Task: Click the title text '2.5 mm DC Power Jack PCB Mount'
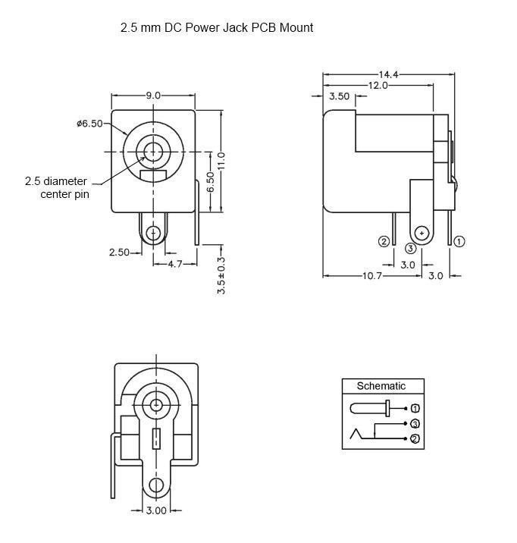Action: pyautogui.click(x=217, y=28)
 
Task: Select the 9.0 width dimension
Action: pyautogui.click(x=153, y=96)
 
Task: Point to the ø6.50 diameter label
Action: pyautogui.click(x=89, y=124)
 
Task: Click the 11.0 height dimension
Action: pyautogui.click(x=221, y=160)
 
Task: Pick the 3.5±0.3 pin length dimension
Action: pyautogui.click(x=221, y=275)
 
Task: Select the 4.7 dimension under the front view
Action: pyautogui.click(x=174, y=263)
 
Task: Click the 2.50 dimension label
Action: pyautogui.click(x=120, y=253)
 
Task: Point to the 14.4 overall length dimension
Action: pyautogui.click(x=389, y=74)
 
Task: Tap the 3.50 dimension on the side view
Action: pyautogui.click(x=339, y=96)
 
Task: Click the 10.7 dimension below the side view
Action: pyautogui.click(x=371, y=276)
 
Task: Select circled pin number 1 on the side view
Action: pyautogui.click(x=459, y=241)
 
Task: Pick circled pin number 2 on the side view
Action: pyautogui.click(x=384, y=241)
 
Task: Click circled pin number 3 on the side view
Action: pyautogui.click(x=410, y=248)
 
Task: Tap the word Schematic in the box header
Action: pyautogui.click(x=381, y=386)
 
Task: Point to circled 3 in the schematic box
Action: pyautogui.click(x=415, y=423)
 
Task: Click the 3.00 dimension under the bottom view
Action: pyautogui.click(x=156, y=510)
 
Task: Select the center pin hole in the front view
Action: pyautogui.click(x=154, y=151)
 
